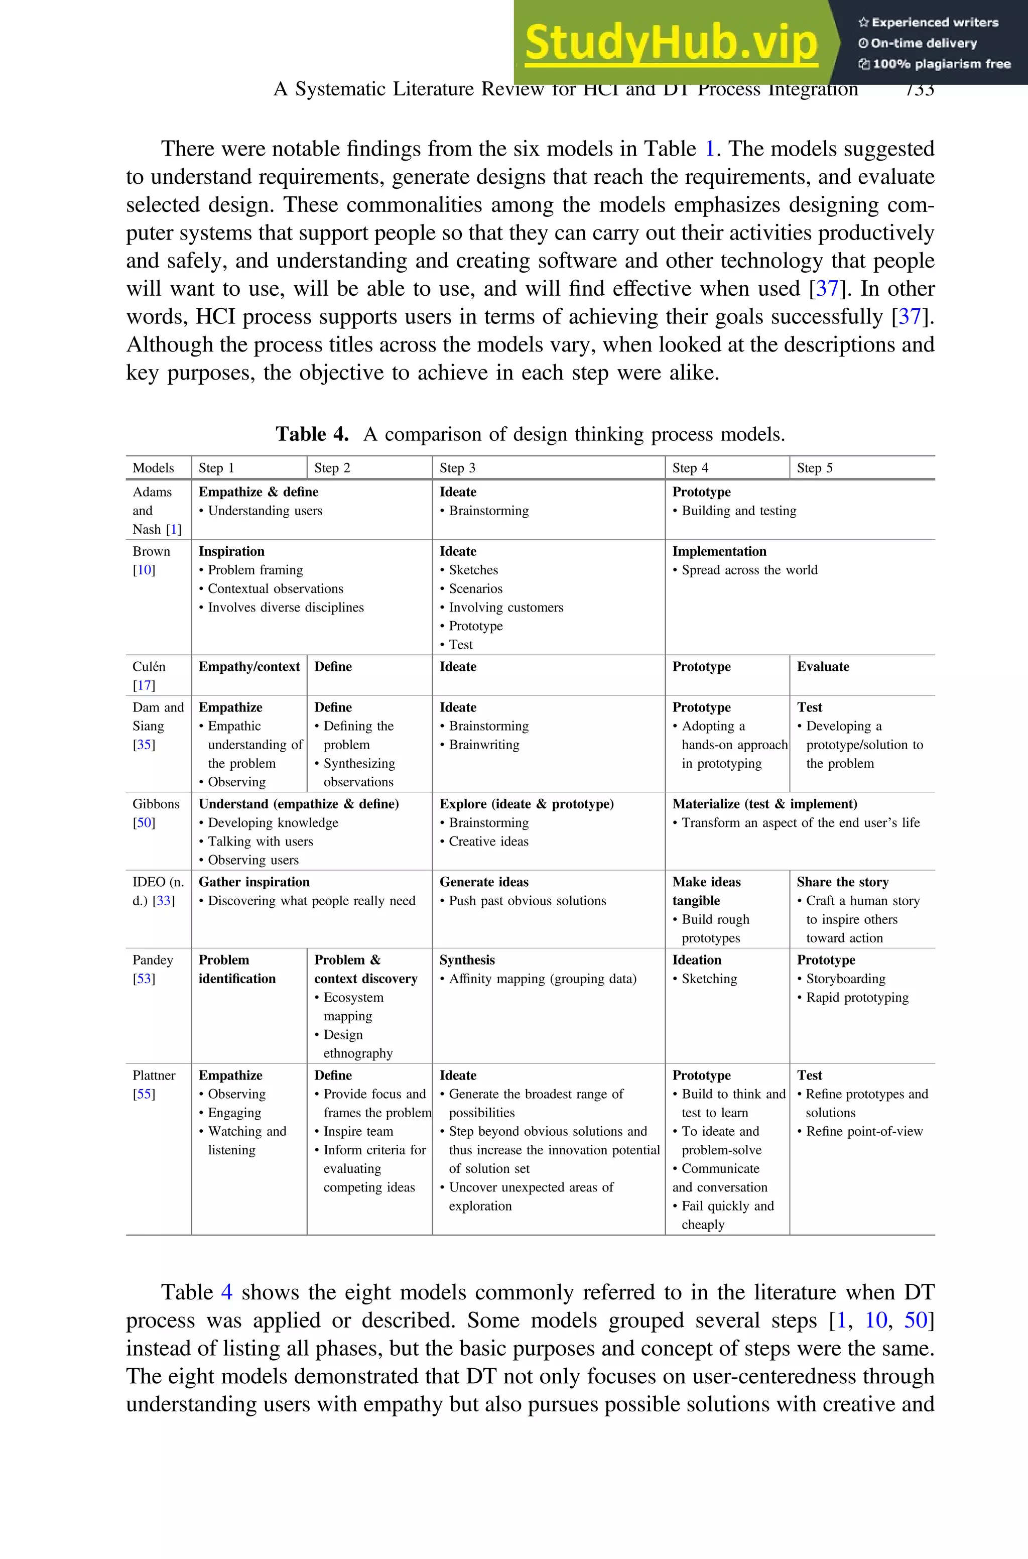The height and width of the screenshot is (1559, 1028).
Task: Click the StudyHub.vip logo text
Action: click(x=671, y=43)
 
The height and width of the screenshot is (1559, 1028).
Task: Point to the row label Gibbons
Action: click(x=156, y=804)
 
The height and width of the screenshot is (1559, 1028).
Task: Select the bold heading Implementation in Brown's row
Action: click(x=719, y=551)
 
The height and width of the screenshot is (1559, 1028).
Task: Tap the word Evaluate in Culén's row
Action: click(x=822, y=666)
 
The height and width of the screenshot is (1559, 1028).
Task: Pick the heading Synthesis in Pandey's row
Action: click(x=467, y=960)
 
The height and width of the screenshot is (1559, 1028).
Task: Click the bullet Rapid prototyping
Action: click(x=857, y=997)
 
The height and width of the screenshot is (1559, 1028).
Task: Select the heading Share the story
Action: click(x=842, y=882)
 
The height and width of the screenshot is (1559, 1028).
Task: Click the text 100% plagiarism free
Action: click(x=941, y=64)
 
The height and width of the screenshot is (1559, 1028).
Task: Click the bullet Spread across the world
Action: click(x=749, y=570)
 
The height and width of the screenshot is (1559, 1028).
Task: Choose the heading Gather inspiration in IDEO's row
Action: click(x=253, y=882)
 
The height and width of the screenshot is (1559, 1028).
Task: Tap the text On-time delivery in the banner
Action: click(x=923, y=43)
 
